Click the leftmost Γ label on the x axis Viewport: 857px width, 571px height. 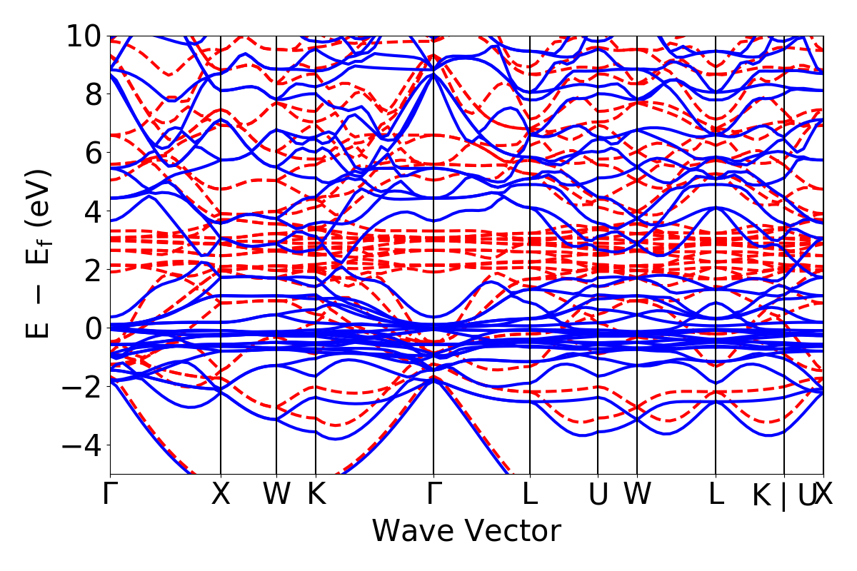click(110, 495)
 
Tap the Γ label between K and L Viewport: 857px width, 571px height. click(433, 495)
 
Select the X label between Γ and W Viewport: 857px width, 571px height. click(221, 495)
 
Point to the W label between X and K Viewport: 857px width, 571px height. click(276, 495)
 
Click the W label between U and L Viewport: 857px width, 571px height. click(637, 495)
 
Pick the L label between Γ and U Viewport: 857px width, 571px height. click(530, 495)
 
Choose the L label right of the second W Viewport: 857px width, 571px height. click(716, 495)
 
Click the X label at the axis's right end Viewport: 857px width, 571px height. click(825, 495)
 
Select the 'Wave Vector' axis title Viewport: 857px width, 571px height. click(466, 532)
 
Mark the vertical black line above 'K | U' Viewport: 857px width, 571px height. click(784, 214)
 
